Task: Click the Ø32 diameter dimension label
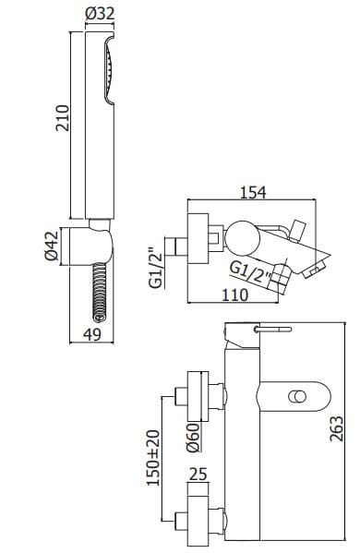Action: click(100, 14)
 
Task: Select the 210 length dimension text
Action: click(63, 118)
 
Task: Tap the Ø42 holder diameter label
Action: click(52, 246)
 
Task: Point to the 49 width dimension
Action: click(92, 334)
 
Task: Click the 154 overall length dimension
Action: click(253, 193)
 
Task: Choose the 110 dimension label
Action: click(235, 295)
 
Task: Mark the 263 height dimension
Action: click(336, 428)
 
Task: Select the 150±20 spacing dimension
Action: click(153, 458)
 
